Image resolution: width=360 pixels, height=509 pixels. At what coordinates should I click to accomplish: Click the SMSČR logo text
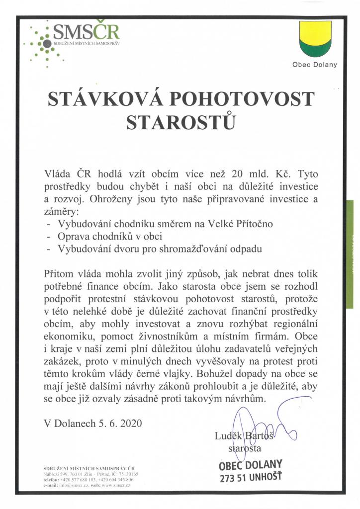point(86,32)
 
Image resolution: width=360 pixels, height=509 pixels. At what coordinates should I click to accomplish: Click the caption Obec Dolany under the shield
point(314,64)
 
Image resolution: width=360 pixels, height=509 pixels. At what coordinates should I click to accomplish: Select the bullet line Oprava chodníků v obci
point(110,236)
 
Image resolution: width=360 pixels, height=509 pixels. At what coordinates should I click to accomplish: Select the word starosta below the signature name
point(245,448)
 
